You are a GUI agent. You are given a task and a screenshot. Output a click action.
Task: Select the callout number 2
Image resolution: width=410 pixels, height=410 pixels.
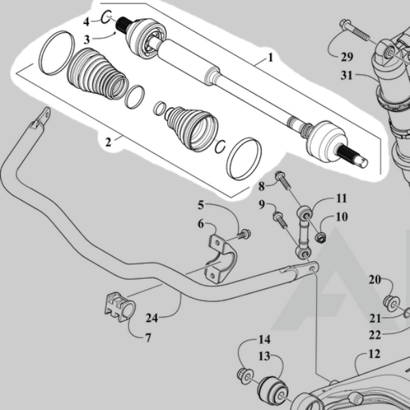pos(108,143)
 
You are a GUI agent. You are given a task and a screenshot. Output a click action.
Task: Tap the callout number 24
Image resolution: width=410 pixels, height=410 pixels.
pos(152,317)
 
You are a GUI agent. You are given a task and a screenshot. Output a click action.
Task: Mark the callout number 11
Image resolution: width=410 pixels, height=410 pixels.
pos(340,199)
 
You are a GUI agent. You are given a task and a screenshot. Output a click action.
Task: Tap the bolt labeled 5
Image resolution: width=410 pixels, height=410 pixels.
pos(243,234)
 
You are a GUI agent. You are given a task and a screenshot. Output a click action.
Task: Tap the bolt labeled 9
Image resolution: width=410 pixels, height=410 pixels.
pos(279,219)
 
